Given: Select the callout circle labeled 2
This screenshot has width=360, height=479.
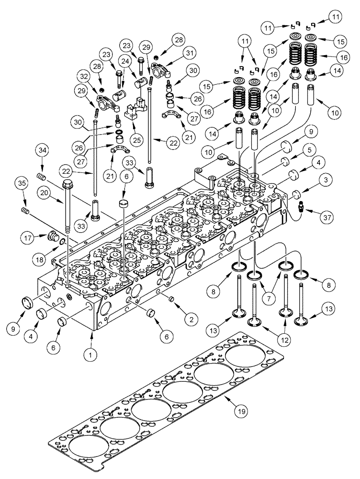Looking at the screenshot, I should click(x=191, y=318).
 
